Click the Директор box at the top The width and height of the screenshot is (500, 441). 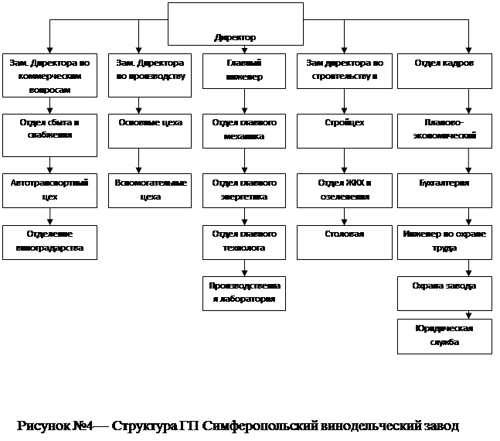[235, 24]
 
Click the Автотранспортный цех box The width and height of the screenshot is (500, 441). [49, 190]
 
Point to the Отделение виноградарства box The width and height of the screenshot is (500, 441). [49, 241]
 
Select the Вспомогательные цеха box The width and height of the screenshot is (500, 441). [149, 190]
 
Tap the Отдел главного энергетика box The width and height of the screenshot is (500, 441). [244, 190]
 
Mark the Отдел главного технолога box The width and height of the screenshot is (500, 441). [244, 241]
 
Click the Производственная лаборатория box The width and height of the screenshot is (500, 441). [244, 292]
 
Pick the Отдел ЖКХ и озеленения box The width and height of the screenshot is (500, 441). [345, 190]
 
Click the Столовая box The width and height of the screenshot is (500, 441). [345, 241]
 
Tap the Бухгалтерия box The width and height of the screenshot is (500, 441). [444, 190]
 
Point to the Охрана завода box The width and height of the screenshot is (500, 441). [444, 292]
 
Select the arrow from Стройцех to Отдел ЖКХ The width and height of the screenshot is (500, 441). [345, 161]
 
